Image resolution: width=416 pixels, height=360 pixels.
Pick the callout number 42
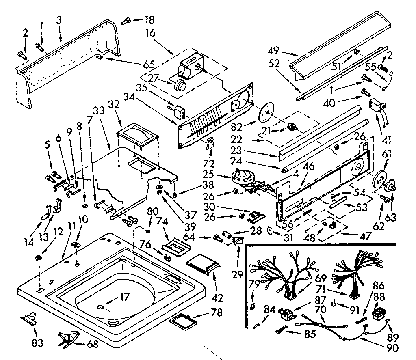tap(217, 297)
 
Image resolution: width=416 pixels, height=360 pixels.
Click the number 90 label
tap(392, 347)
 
